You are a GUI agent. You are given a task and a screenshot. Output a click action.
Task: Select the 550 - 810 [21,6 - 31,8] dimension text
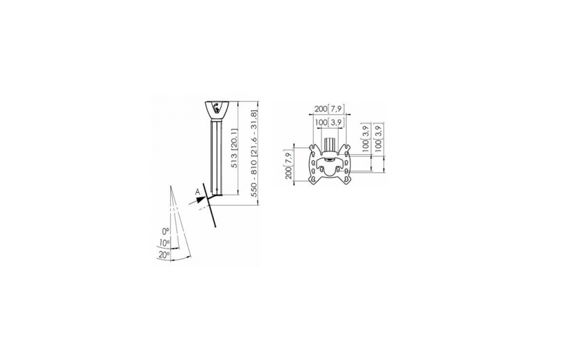(255, 153)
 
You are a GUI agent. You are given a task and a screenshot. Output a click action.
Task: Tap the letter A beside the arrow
(198, 192)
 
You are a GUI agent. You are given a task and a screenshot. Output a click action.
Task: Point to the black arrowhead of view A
(202, 199)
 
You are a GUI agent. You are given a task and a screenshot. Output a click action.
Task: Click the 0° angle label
(166, 232)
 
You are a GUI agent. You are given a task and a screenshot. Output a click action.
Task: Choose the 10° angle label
(164, 243)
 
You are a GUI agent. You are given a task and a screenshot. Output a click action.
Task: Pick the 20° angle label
(164, 255)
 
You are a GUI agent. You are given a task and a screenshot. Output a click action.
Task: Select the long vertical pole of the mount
(217, 157)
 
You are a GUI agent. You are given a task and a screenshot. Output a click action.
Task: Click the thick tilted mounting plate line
(209, 205)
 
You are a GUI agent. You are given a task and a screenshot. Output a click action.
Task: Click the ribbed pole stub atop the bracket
(330, 145)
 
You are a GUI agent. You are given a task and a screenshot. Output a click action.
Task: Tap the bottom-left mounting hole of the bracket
(314, 180)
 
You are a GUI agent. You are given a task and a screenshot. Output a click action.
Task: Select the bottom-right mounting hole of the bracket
(346, 180)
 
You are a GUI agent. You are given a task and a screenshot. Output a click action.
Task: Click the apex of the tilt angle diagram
(171, 185)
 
